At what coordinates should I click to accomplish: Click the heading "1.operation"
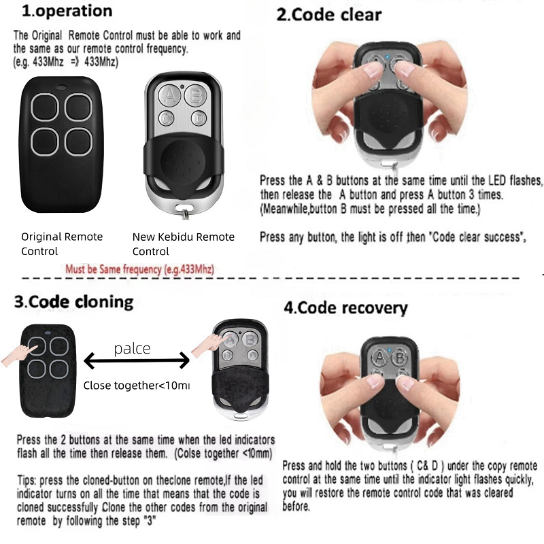click(67, 11)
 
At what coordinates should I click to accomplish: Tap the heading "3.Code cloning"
click(74, 301)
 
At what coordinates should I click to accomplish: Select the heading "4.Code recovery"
click(345, 307)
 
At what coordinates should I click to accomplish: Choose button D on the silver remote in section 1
click(197, 118)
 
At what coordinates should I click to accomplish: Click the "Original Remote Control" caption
click(62, 243)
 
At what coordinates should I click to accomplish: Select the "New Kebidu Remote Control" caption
click(183, 243)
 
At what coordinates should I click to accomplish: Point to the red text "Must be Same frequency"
click(139, 269)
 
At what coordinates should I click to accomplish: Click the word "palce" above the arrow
click(132, 349)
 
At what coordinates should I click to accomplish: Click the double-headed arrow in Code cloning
click(136, 360)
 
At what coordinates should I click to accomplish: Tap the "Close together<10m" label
click(136, 386)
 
